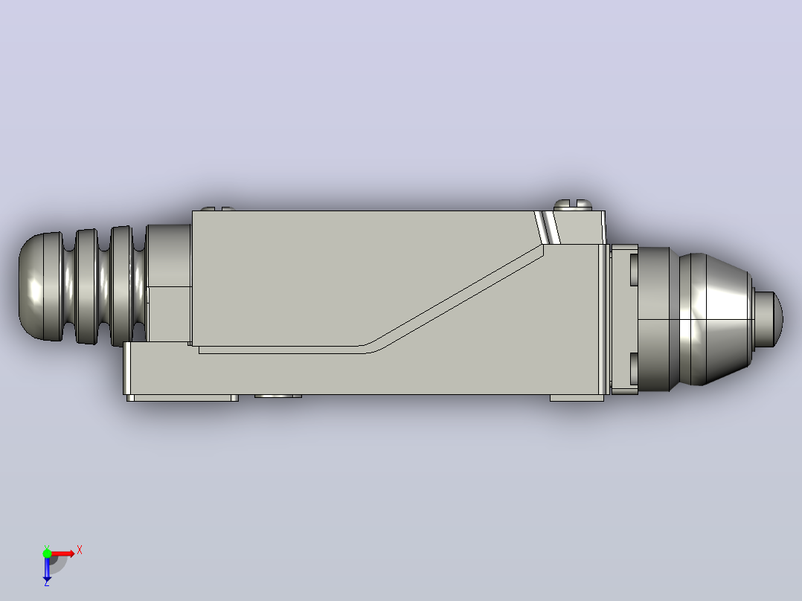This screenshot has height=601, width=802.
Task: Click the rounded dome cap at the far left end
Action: click(40, 286)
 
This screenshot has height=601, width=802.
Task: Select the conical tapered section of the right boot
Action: click(716, 319)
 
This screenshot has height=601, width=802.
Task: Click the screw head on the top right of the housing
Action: click(574, 205)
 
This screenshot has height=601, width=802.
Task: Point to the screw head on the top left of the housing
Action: click(218, 209)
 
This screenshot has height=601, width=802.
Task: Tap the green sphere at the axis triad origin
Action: click(47, 553)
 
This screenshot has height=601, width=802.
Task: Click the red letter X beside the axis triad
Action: click(80, 550)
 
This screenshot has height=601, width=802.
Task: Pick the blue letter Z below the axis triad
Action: click(47, 582)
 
